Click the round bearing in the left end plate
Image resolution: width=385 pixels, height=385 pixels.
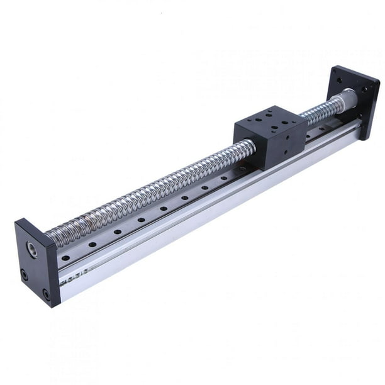coord(31,249)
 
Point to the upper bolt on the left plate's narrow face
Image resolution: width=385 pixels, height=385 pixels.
coord(25,274)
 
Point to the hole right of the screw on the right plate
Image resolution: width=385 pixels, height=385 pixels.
coord(364,90)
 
